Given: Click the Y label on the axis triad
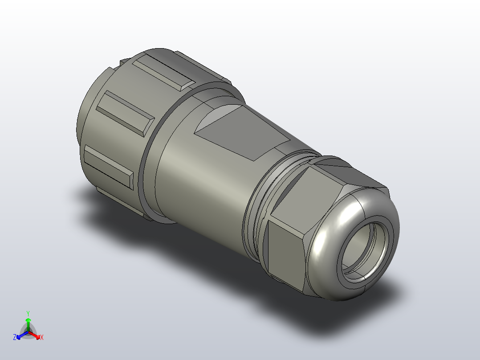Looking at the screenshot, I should pos(28,313).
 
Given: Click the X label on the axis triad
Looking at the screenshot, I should pos(42,338).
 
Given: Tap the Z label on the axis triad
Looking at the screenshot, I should pos(15,338).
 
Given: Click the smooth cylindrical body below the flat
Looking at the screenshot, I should pos(200,183).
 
